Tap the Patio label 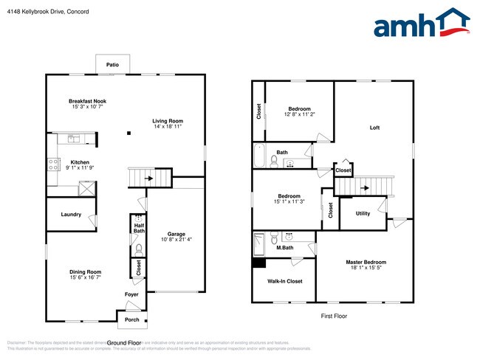112,65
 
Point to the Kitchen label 80,162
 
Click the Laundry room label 71,214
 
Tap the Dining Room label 85,271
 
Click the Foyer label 131,294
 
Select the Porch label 132,319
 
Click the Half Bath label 139,228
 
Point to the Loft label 375,128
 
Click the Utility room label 363,213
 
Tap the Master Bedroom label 366,263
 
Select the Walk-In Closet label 284,281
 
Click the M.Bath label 285,247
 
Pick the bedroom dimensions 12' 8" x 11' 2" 299,114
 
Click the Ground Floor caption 125,343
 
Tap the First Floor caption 334,316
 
